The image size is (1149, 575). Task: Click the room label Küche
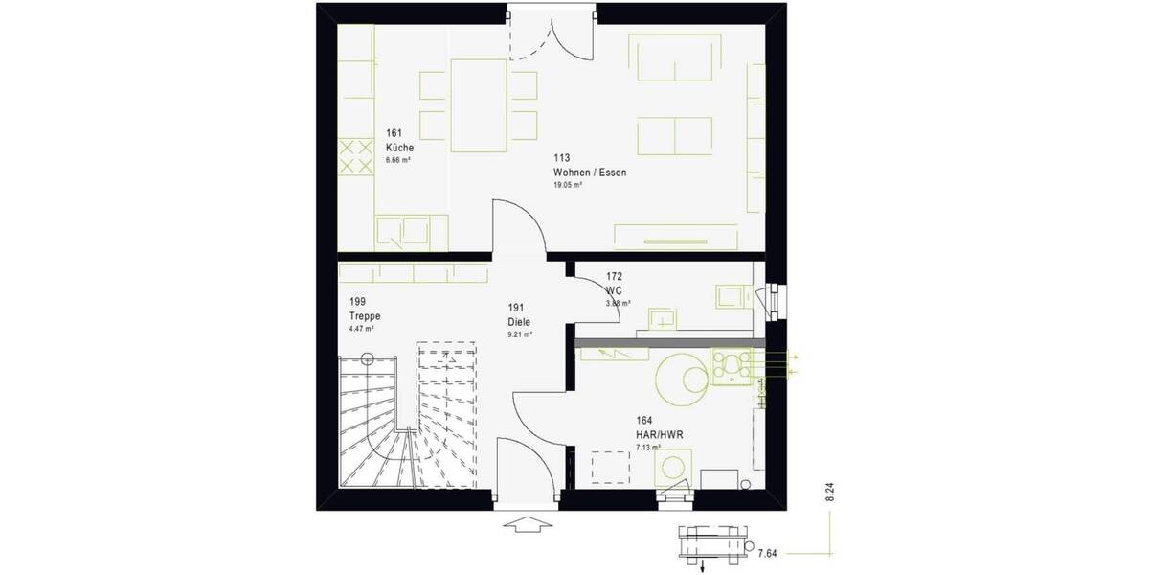tap(399, 149)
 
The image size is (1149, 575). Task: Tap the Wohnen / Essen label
tap(589, 172)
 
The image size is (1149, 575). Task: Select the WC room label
tap(615, 288)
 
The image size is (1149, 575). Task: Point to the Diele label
tap(519, 323)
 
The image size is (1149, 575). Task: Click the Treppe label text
tap(364, 314)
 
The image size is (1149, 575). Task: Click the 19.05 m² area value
tap(568, 185)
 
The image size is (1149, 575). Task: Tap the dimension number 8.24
tap(830, 493)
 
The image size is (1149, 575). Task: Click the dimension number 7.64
tap(767, 553)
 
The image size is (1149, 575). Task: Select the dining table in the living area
tap(478, 105)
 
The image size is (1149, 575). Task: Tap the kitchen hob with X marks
tap(356, 157)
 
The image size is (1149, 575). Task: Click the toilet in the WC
tap(732, 296)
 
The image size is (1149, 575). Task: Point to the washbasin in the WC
tap(661, 318)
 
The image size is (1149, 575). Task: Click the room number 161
tap(394, 133)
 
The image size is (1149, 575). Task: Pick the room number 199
tap(358, 300)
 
